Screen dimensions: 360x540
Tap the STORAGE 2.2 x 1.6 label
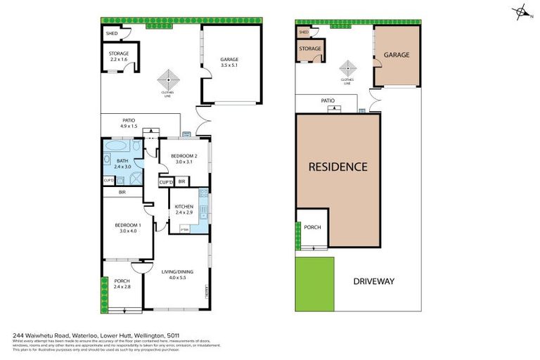click(x=119, y=56)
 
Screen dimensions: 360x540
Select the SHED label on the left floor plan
click(x=111, y=33)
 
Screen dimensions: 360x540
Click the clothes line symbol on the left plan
click(x=167, y=77)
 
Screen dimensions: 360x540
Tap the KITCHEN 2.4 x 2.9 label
click(x=184, y=209)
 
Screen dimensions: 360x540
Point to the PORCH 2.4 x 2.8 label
click(x=122, y=284)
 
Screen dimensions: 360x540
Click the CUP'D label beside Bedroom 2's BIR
click(x=167, y=182)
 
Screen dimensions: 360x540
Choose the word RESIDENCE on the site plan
click(x=338, y=167)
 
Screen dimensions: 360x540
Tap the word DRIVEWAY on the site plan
click(x=373, y=281)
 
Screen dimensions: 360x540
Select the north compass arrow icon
click(x=521, y=11)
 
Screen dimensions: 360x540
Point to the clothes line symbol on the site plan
click(x=347, y=68)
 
